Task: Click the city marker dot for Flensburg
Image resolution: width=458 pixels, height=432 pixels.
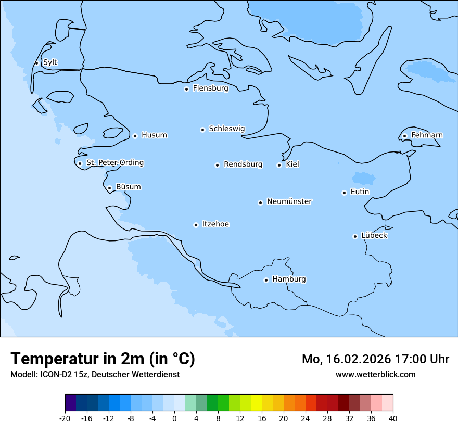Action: [186, 89]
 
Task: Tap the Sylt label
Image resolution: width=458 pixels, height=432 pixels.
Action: [50, 62]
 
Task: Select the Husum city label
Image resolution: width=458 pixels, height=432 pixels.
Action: [154, 135]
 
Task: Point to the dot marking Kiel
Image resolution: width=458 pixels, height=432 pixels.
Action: [279, 165]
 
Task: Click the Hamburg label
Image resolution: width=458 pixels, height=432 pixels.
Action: [289, 279]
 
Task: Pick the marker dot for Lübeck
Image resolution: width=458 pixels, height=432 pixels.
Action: [355, 236]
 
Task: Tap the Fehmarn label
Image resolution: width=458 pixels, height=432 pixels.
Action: [427, 135]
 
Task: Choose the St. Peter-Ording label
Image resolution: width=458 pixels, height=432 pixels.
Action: [115, 163]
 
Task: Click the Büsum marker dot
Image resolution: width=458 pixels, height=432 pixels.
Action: [109, 188]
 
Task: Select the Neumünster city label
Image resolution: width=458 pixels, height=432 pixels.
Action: [289, 201]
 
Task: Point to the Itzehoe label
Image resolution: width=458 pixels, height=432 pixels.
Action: [215, 224]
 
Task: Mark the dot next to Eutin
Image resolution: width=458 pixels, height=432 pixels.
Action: [344, 193]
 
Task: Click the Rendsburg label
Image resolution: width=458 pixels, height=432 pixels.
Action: [243, 164]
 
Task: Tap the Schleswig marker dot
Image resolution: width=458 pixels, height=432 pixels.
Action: [202, 130]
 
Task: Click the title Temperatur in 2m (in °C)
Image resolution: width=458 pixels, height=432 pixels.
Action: [103, 359]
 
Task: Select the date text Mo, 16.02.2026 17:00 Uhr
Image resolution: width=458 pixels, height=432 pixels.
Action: [375, 359]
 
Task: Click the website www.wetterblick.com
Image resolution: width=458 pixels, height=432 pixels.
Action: [375, 375]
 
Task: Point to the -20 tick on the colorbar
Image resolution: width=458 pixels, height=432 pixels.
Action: [65, 418]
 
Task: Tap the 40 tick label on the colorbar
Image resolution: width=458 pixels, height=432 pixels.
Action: [393, 418]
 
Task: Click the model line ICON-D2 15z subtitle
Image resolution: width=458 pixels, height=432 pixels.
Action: [95, 375]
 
